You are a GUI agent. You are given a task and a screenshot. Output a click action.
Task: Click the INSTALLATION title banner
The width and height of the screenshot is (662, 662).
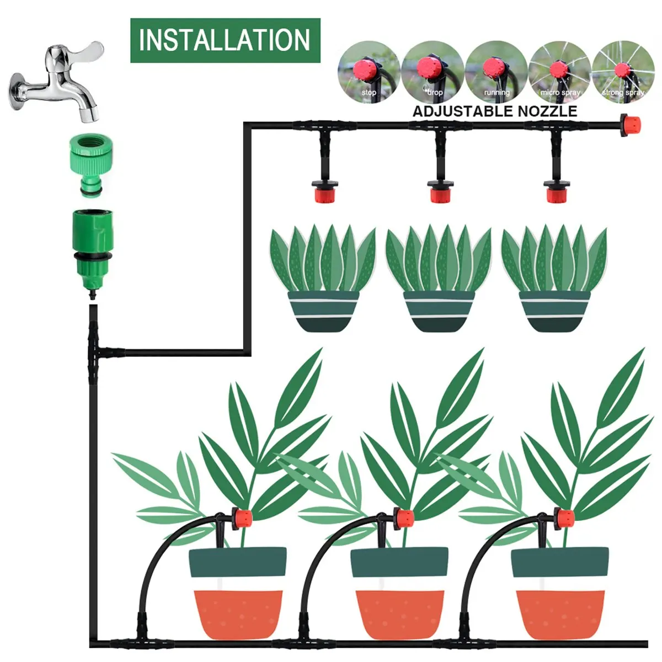point(225,40)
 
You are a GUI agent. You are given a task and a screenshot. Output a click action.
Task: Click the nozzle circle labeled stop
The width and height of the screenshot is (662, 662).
point(369,72)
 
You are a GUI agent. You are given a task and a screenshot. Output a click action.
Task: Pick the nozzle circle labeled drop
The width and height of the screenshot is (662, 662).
point(432,72)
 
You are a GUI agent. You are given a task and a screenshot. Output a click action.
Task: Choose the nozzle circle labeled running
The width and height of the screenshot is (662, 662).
point(495,72)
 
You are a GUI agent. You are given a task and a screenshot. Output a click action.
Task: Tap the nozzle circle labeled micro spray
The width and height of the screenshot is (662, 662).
point(559,72)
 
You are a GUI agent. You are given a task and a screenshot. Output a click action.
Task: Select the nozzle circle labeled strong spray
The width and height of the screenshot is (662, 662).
point(622,72)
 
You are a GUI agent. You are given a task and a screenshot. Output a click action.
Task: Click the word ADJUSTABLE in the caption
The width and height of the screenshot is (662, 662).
point(462,111)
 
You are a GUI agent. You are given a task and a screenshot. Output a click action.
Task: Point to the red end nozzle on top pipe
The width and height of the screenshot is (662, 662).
point(630,124)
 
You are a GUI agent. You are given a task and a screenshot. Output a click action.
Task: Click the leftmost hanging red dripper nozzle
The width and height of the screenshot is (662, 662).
point(323,194)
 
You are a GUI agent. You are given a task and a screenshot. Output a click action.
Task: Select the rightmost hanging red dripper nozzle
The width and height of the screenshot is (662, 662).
point(556,194)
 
